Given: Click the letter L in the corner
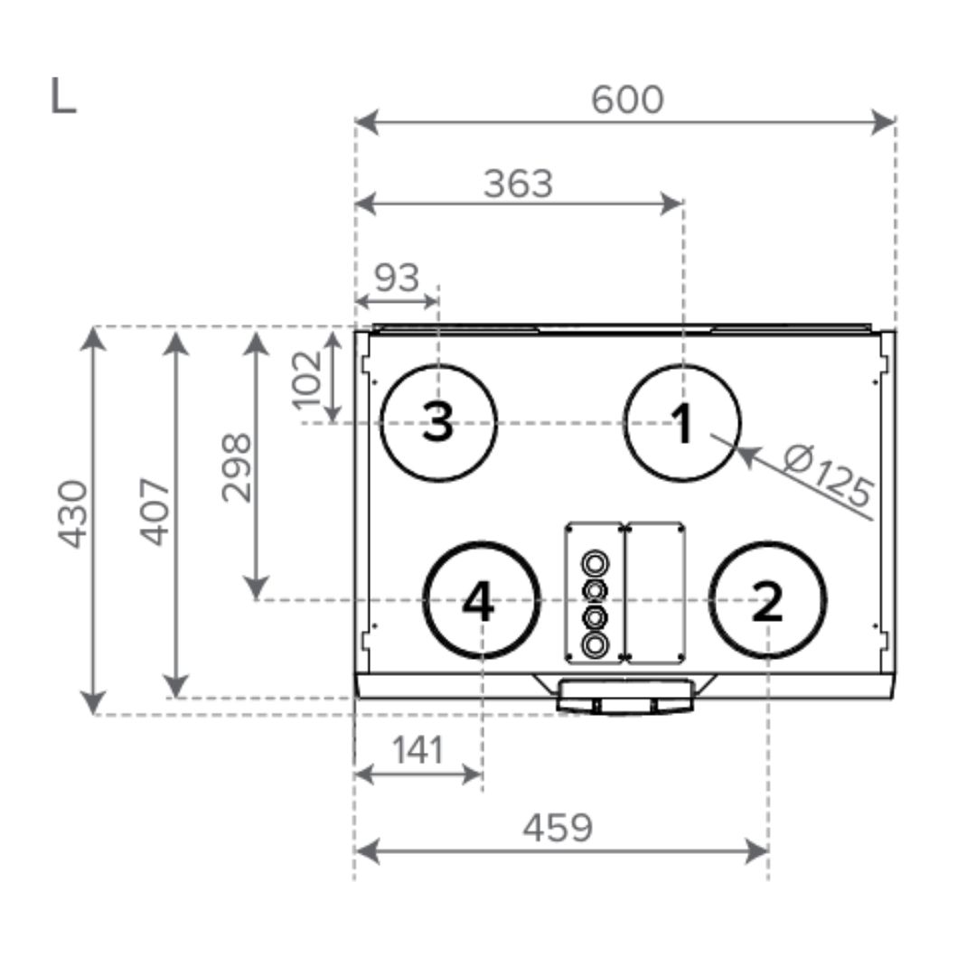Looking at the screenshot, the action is (x=63, y=96).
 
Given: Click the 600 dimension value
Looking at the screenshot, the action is (x=627, y=99).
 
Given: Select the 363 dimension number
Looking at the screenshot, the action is (x=519, y=184).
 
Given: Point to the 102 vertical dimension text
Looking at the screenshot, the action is (x=307, y=380).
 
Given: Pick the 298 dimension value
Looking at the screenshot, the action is (x=237, y=467).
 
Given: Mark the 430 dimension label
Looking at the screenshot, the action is (x=73, y=514).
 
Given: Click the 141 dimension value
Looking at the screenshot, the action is (x=418, y=750).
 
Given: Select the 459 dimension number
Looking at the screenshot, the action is (x=558, y=828).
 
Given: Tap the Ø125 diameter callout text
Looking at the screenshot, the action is (x=829, y=475).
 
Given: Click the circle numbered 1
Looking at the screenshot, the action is (x=682, y=423).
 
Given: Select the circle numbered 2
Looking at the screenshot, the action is (x=767, y=600).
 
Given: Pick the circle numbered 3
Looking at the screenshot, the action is (x=439, y=423).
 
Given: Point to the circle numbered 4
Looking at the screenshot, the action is (x=481, y=600).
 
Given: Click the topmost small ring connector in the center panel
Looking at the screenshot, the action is (x=595, y=564).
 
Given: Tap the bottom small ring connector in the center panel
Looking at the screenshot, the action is (x=595, y=644).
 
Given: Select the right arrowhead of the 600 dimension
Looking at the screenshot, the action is (x=883, y=122).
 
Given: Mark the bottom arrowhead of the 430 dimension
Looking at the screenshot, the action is (x=93, y=702).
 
